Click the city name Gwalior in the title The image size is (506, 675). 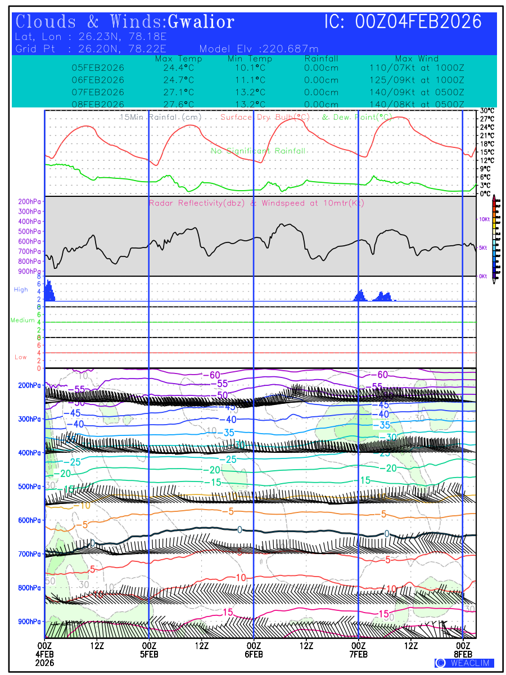pyautogui.click(x=201, y=22)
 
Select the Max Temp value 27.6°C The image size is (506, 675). pyautogui.click(x=175, y=105)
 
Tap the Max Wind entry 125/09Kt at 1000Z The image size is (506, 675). pyautogui.click(x=417, y=80)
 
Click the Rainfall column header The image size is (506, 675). pyautogui.click(x=321, y=58)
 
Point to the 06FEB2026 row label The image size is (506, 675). pyautogui.click(x=98, y=80)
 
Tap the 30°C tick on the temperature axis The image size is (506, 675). pyautogui.click(x=487, y=111)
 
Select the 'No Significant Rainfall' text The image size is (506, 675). pyautogui.click(x=258, y=151)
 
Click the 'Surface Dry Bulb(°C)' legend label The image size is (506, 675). pyautogui.click(x=266, y=117)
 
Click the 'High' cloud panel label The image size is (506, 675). pyautogui.click(x=21, y=289)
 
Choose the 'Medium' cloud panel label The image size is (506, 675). pyautogui.click(x=22, y=320)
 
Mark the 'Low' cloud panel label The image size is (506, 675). pyautogui.click(x=21, y=357)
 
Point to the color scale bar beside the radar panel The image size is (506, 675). pyautogui.click(x=494, y=237)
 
